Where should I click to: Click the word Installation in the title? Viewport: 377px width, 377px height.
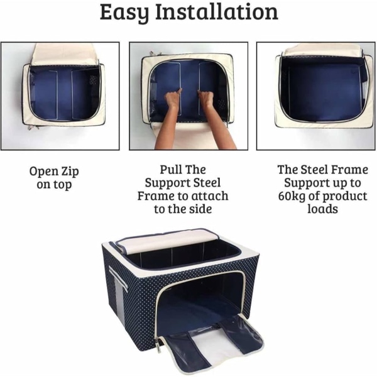(x=217, y=11)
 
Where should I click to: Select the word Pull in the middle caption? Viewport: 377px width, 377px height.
(x=170, y=170)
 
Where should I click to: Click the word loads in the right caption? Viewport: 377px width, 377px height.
(x=323, y=209)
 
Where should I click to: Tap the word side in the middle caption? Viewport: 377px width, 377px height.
(x=200, y=209)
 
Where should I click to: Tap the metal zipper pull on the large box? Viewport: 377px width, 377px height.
(x=159, y=345)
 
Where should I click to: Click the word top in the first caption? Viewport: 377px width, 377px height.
(x=62, y=185)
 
